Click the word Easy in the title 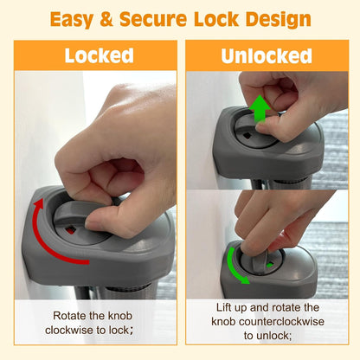click(x=72, y=19)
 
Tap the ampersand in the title click(x=106, y=19)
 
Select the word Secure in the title click(x=153, y=19)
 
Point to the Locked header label click(x=99, y=55)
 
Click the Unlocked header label click(x=267, y=55)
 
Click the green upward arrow click(x=260, y=109)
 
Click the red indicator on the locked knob click(x=71, y=230)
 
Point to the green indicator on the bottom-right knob click(x=270, y=265)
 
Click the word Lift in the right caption click(x=223, y=307)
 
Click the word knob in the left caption click(x=120, y=316)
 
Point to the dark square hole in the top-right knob click(x=248, y=135)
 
